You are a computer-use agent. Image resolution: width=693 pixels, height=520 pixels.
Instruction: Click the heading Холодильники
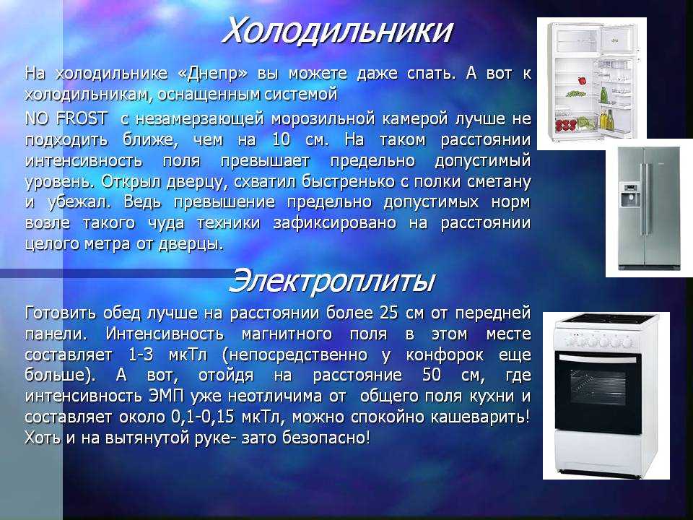pyautogui.click(x=337, y=30)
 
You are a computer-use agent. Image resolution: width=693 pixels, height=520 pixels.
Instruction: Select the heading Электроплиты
pyautogui.click(x=331, y=281)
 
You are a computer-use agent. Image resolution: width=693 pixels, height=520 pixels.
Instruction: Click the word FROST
pyautogui.click(x=82, y=118)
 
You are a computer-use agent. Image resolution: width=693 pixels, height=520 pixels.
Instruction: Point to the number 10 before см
pyautogui.click(x=281, y=139)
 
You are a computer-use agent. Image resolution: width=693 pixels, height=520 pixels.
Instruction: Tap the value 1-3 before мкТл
pyautogui.click(x=141, y=355)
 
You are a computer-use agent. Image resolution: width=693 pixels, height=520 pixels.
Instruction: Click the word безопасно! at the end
pyautogui.click(x=326, y=438)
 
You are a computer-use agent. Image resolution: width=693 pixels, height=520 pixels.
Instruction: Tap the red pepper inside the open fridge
pyautogui.click(x=582, y=81)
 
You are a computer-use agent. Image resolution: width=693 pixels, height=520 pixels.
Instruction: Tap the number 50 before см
pyautogui.click(x=432, y=375)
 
